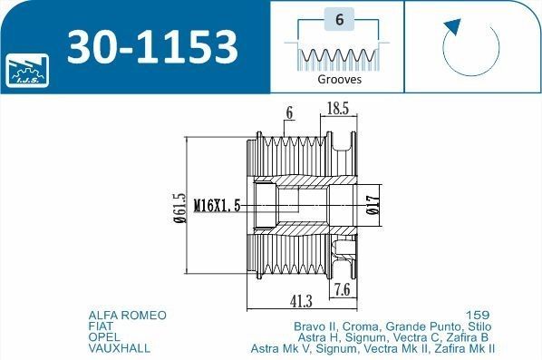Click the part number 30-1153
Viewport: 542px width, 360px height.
(x=152, y=47)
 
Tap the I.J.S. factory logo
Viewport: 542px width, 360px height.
(x=27, y=71)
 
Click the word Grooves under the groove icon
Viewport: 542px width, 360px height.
(x=340, y=80)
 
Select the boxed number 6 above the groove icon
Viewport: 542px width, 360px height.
(x=340, y=19)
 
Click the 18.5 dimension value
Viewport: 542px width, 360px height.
(x=338, y=109)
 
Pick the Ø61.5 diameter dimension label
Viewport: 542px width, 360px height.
(x=179, y=209)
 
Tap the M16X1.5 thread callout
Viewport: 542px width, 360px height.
(x=217, y=206)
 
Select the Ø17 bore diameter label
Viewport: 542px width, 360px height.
(x=373, y=205)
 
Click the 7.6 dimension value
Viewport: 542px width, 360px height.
(x=342, y=289)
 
